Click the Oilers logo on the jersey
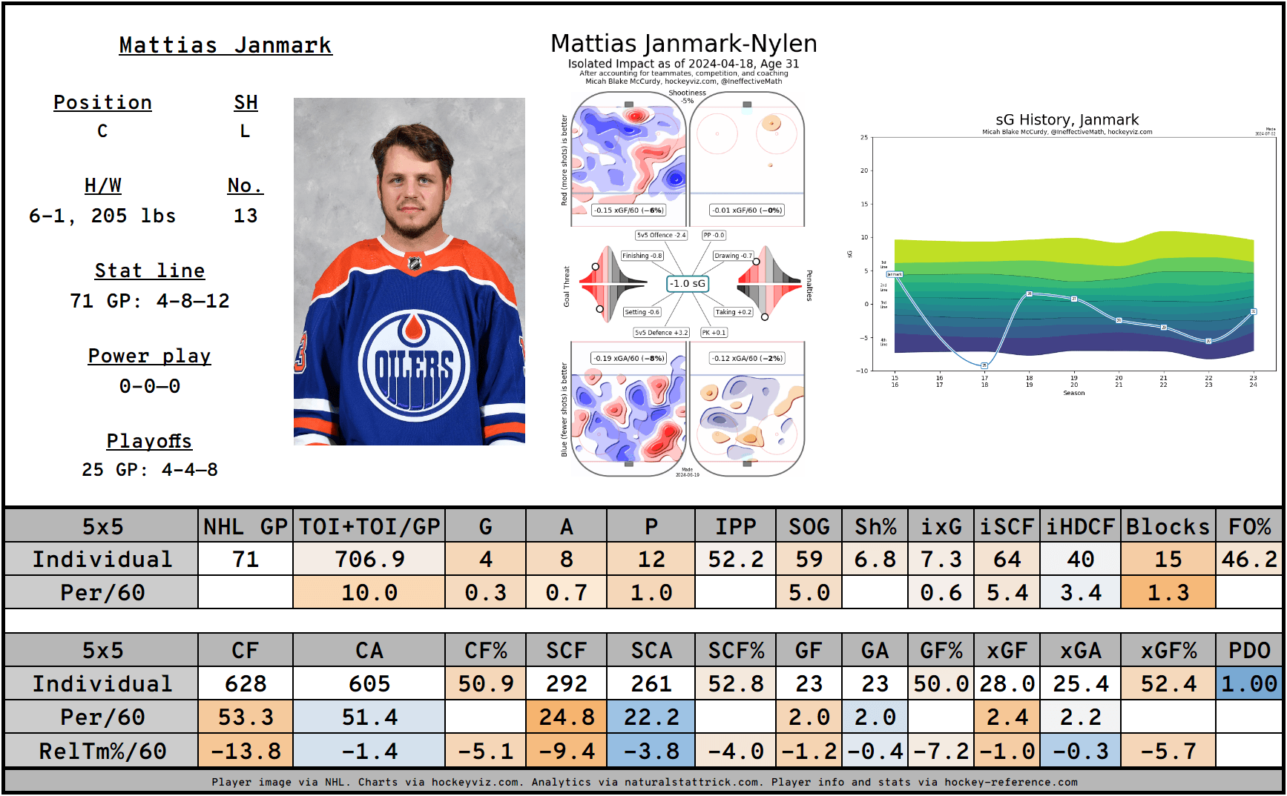[414, 364]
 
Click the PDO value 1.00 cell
[1249, 683]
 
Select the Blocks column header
[1168, 526]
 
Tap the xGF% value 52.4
[1168, 683]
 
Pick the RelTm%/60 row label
[102, 751]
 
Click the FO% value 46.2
[1249, 559]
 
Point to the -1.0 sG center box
[688, 283]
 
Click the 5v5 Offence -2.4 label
[661, 235]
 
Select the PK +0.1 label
[714, 333]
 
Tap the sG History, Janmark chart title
[1067, 119]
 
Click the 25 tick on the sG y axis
[864, 137]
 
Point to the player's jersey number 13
[246, 216]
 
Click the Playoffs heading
[149, 441]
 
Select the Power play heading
[149, 356]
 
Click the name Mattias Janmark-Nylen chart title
[683, 44]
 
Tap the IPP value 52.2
[735, 559]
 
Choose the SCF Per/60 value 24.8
[566, 717]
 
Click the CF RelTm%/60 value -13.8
[246, 751]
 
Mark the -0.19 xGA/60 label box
[628, 358]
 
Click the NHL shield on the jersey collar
[414, 262]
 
